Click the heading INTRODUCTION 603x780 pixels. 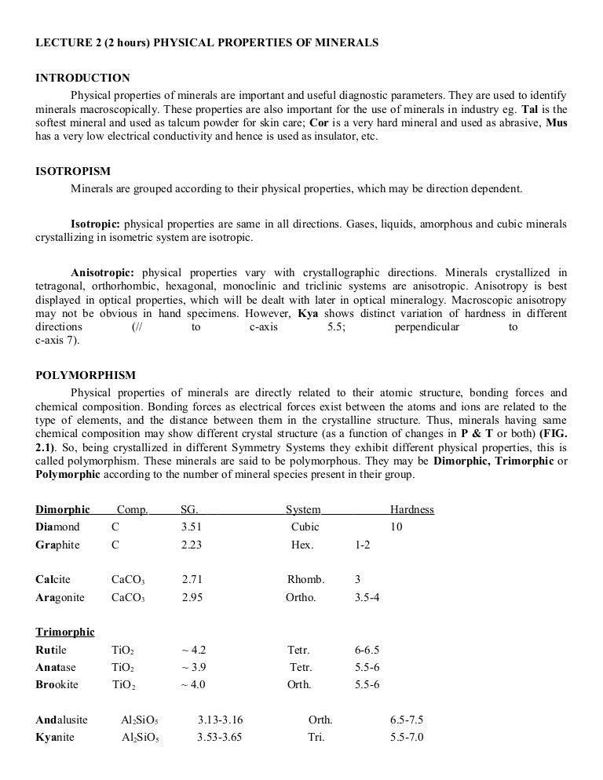coord(82,78)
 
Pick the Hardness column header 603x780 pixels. coord(411,510)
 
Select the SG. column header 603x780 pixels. coord(190,510)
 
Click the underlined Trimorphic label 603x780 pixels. coord(65,632)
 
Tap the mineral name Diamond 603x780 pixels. coord(57,527)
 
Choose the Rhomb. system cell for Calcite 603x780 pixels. coord(305,580)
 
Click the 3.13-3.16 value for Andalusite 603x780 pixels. coord(221,720)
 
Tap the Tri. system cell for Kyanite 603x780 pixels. coord(316,737)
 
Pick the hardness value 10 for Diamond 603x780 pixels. coord(396,527)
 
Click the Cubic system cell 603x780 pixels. coord(305,527)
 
